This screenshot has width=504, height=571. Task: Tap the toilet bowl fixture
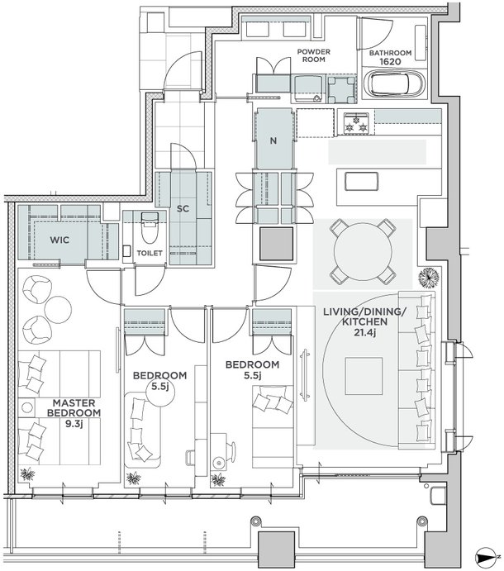pos(149,228)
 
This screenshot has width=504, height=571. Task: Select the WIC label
pos(59,240)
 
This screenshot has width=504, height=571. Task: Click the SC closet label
pos(183,209)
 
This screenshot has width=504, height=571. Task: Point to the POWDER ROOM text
pos(313,55)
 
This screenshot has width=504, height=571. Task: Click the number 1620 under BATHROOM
pos(390,61)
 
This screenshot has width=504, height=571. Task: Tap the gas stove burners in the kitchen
pos(356,122)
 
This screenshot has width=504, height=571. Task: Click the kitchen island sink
pos(362,181)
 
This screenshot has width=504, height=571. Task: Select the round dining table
pos(363,251)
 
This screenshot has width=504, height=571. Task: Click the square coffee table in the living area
pos(364,376)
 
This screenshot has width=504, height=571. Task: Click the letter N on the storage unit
pos(273,140)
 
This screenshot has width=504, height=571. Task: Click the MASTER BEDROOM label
pos(74,408)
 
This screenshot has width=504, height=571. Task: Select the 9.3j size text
pos(73,424)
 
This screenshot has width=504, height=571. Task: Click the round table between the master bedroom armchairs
pos(58,308)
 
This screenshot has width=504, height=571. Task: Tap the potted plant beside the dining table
pos(429,278)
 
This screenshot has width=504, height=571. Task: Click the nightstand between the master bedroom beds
pos(27,407)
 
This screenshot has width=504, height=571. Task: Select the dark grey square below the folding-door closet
pos(277,244)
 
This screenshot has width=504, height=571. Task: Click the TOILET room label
pos(150,253)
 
